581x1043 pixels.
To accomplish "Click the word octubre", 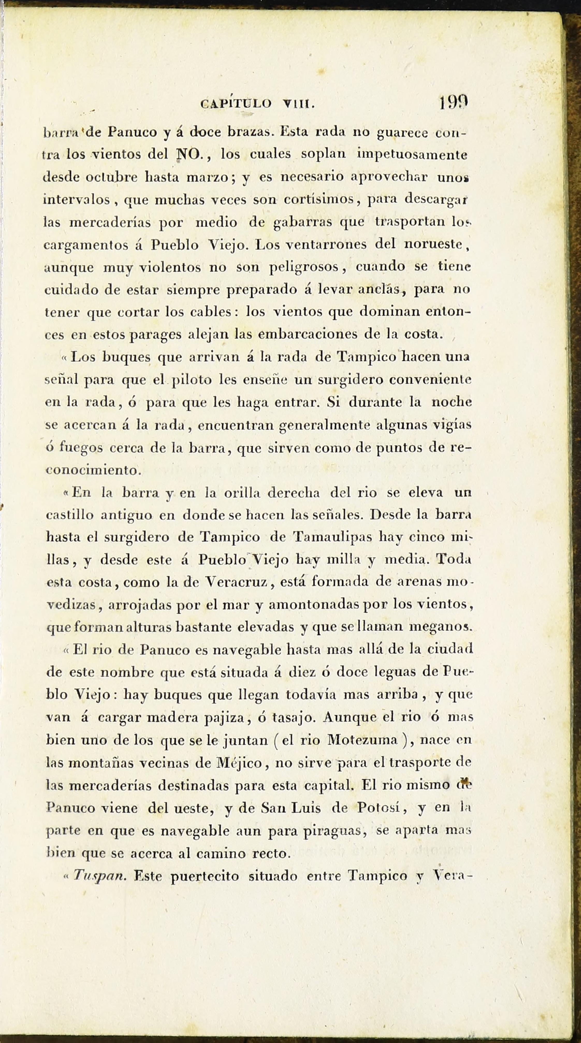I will pyautogui.click(x=112, y=177).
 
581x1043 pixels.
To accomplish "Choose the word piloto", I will pyautogui.click(x=192, y=380).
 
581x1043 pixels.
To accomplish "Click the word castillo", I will pyautogui.click(x=70, y=516).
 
